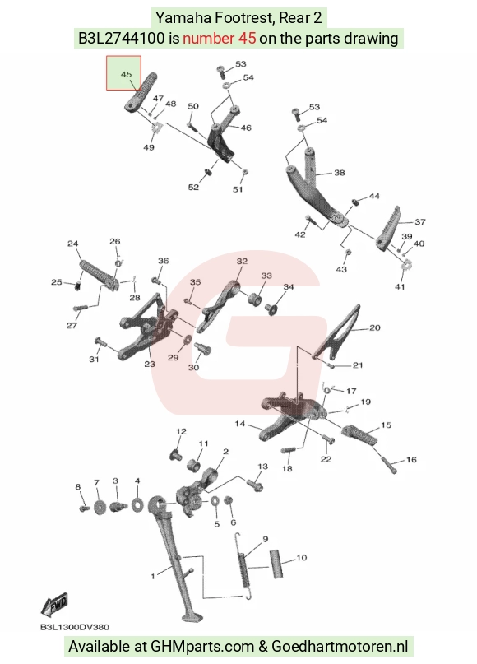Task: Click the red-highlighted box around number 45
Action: pos(123,73)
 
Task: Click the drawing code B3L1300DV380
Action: pos(75,627)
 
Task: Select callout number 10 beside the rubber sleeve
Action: pos(301,557)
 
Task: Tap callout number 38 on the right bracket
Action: pos(340,173)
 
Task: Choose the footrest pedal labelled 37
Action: pos(387,229)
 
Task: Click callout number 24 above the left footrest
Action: pos(73,244)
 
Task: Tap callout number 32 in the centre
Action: pos(242,262)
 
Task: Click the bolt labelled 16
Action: pos(389,465)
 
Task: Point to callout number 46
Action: pos(246,128)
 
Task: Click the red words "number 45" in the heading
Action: pos(220,39)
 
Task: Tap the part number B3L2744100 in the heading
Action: pos(122,39)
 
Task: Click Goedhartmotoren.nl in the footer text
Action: pos(340,646)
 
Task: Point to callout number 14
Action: pos(240,424)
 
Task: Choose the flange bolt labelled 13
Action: pos(254,483)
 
